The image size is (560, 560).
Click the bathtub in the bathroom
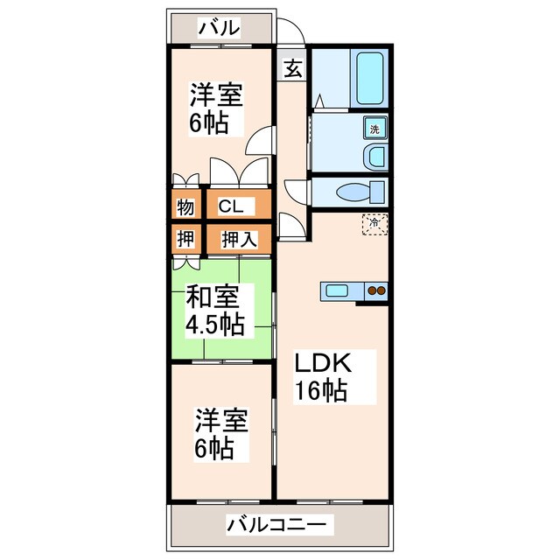click(x=369, y=78)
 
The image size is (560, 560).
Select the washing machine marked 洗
click(x=375, y=128)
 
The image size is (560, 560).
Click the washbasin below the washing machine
click(x=375, y=157)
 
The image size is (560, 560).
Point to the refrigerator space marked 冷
click(x=374, y=224)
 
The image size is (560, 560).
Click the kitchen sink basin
click(x=337, y=290)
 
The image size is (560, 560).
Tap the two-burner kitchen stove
click(x=375, y=290)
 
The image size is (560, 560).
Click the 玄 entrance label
click(x=294, y=68)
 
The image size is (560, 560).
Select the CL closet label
click(x=231, y=206)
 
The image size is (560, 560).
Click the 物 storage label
click(x=185, y=206)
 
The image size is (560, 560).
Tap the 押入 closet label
click(x=239, y=239)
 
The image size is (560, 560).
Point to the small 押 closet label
click(x=185, y=239)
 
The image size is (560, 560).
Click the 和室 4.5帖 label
click(x=215, y=311)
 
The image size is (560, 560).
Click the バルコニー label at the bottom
click(x=276, y=525)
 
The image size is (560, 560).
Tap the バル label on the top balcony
click(x=219, y=28)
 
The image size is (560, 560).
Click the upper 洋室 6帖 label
click(x=216, y=108)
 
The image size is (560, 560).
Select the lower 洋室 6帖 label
click(x=220, y=434)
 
